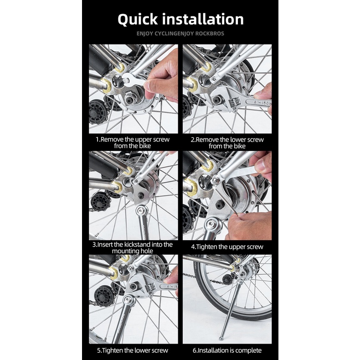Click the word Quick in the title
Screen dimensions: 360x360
pyautogui.click(x=138, y=20)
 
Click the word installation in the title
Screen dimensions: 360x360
pyautogui.click(x=203, y=19)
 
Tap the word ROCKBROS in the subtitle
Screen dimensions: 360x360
pyautogui.click(x=209, y=34)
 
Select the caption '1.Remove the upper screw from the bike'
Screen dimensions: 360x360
pyautogui.click(x=133, y=143)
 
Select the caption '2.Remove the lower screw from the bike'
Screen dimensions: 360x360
pyautogui.click(x=227, y=143)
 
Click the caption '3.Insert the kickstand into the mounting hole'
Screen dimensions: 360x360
pyautogui.click(x=133, y=247)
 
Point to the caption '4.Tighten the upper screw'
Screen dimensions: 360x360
pyautogui.click(x=227, y=247)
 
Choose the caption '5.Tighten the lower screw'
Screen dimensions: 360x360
pyautogui.click(x=133, y=350)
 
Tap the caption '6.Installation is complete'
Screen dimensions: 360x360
pyautogui.click(x=227, y=350)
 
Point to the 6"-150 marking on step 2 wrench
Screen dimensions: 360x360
pyautogui.click(x=262, y=103)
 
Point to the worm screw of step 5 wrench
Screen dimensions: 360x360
pyautogui.click(x=152, y=288)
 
